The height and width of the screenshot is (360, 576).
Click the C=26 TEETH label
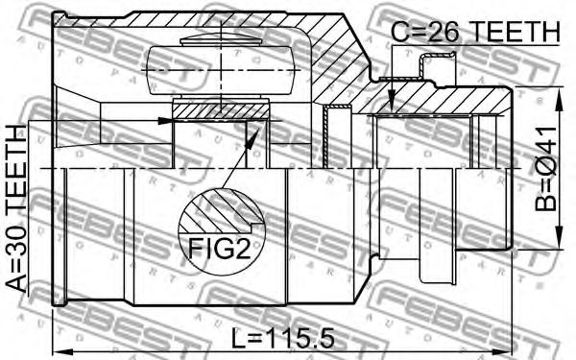coord(475,32)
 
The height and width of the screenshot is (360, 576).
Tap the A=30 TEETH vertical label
coord(16,208)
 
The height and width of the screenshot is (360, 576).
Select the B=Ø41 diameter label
coord(546,169)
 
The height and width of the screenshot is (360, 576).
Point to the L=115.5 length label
coord(283,338)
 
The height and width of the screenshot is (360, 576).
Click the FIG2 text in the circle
coord(220,249)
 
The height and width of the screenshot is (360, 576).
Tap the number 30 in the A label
coord(16,243)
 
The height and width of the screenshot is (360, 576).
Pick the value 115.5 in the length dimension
coord(299,338)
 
